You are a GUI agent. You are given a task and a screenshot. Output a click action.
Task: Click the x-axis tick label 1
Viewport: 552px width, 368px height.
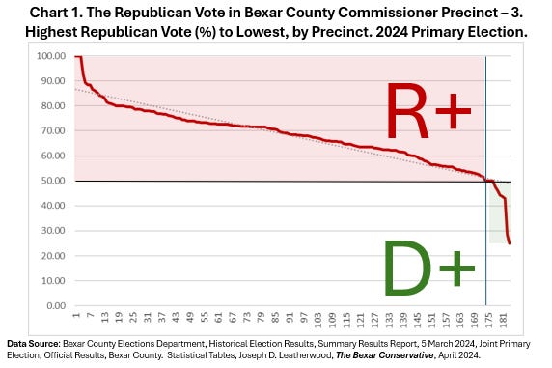click(76, 319)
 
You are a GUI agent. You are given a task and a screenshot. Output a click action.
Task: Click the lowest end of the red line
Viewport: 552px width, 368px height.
click(510, 243)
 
